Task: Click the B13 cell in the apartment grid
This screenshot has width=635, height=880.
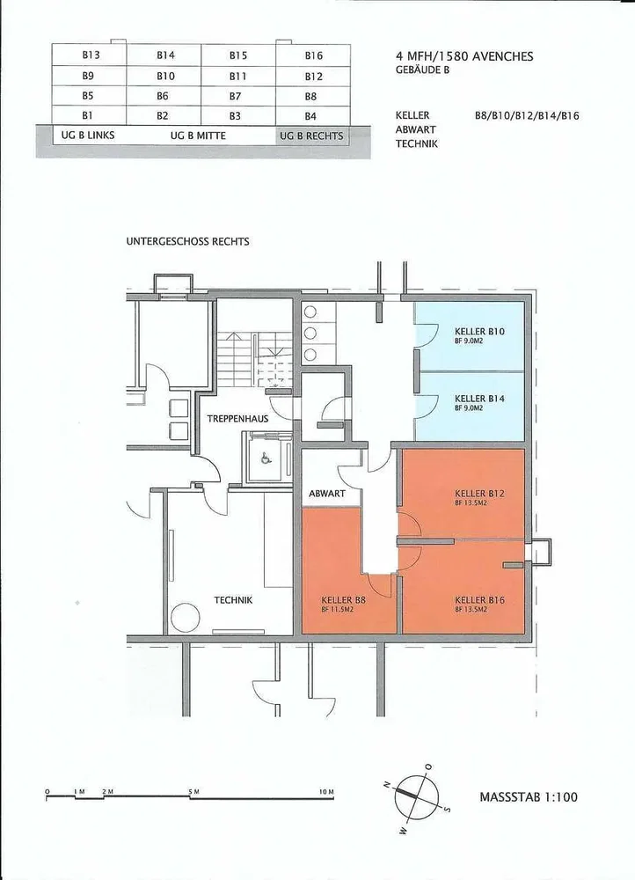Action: pos(90,55)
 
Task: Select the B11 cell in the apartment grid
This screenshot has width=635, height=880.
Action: pos(237,76)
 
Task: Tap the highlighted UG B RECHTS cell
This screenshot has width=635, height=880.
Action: pos(311,136)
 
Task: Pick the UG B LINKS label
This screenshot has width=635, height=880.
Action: pos(87,136)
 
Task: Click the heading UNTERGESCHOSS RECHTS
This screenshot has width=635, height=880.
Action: pos(188,242)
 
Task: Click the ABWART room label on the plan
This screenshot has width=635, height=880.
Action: pos(327,494)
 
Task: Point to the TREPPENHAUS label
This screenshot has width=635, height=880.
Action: pos(237,419)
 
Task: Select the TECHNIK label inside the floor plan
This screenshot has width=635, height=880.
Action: pos(233,600)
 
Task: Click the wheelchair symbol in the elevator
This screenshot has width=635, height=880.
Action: pos(264,458)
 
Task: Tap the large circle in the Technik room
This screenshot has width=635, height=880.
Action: pos(185,619)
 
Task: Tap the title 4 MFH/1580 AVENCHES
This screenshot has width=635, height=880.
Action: pos(464,56)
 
